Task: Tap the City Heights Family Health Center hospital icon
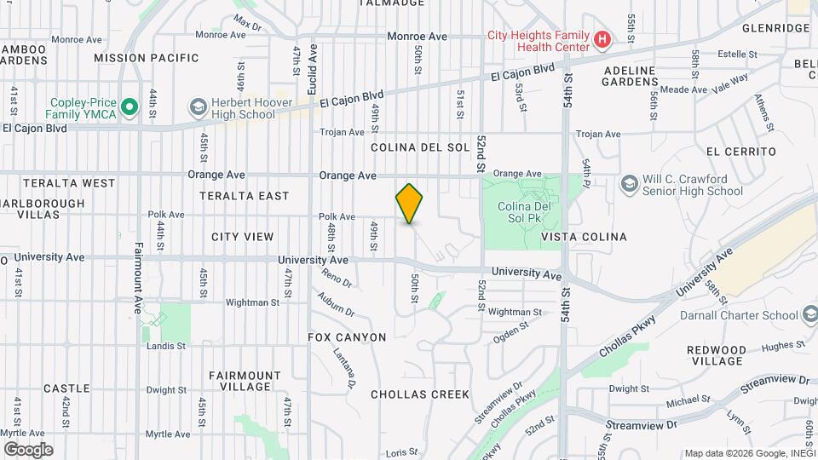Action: [602, 39]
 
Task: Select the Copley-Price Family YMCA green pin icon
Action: [129, 106]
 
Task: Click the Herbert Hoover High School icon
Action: [199, 106]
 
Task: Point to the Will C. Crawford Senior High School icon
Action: [629, 184]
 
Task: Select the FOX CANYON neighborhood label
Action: [348, 337]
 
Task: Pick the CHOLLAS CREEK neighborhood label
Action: [420, 394]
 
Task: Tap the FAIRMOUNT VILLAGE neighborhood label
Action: [245, 381]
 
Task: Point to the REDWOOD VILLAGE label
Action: [717, 355]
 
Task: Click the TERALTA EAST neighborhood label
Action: [245, 196]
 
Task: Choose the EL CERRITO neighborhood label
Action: [741, 152]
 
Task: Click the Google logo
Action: [29, 449]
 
